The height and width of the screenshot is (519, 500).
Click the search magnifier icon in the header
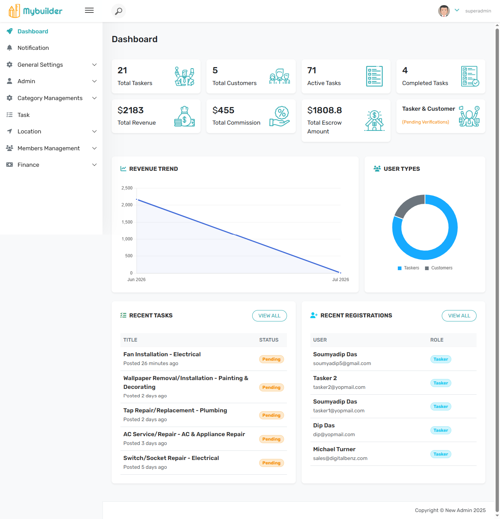(118, 11)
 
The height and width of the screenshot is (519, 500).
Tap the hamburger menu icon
(89, 10)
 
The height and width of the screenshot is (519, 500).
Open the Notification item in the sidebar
(33, 48)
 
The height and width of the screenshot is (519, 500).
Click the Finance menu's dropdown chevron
(94, 165)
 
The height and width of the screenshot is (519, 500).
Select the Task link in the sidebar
(23, 115)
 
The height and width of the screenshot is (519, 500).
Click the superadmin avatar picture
(444, 11)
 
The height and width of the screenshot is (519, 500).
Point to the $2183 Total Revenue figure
(131, 110)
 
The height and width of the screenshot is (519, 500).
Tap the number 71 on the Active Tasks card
(311, 70)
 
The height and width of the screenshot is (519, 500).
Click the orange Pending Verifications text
(425, 122)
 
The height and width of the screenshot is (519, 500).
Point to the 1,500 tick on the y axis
(127, 222)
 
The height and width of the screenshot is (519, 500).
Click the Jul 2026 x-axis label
(340, 280)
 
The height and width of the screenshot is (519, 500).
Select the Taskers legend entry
(408, 268)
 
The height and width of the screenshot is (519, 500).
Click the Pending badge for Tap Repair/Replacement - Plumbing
(271, 415)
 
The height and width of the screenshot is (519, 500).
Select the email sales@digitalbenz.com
(340, 458)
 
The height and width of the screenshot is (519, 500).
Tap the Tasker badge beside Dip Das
(440, 430)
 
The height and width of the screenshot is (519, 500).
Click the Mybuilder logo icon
(14, 11)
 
